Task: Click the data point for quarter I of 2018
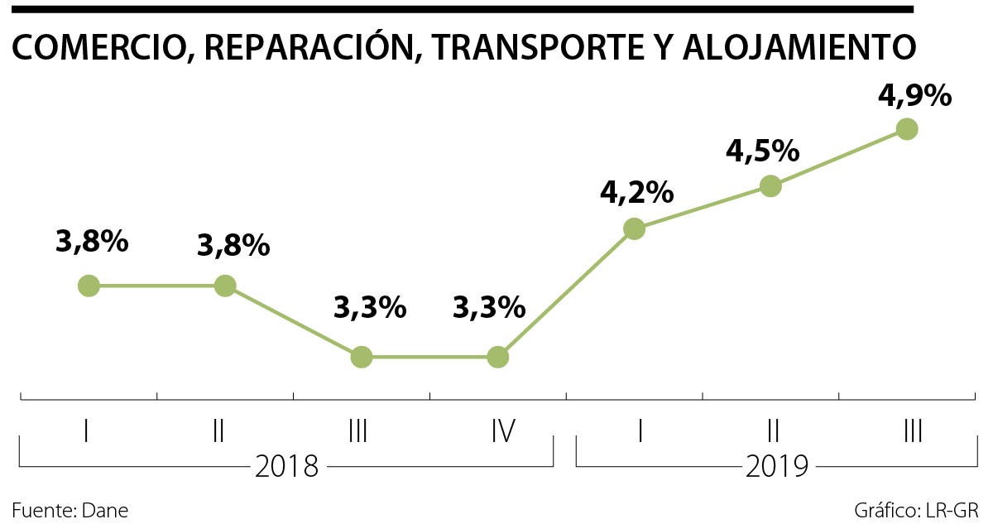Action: coord(89,286)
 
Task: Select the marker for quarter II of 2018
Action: coord(224,286)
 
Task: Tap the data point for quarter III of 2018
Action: coord(361,357)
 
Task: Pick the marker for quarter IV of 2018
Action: coord(497,357)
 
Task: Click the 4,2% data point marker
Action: coord(634,228)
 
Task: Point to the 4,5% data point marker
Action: coord(770,185)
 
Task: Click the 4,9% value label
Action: coord(914,96)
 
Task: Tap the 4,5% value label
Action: coord(762,151)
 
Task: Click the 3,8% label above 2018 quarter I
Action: coord(92,242)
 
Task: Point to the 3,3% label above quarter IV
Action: coord(489,308)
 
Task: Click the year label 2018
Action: coord(286,468)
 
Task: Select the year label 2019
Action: coord(776,468)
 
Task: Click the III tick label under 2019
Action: coord(913,431)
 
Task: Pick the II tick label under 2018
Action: coord(218,431)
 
